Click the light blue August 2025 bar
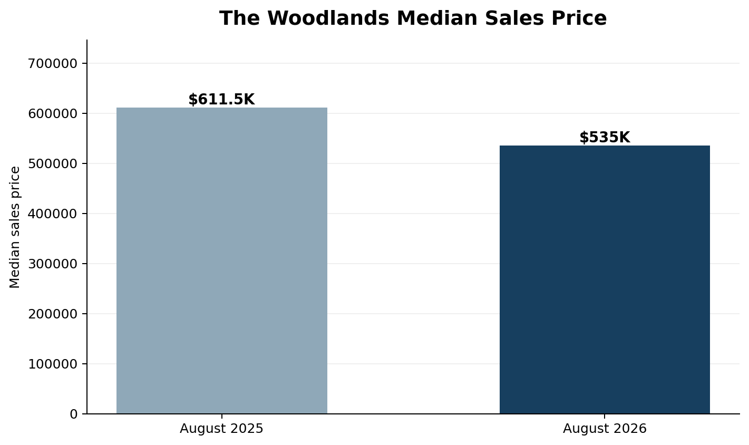[222, 260]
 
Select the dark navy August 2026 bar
[605, 280]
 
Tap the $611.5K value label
[222, 99]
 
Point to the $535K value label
[605, 138]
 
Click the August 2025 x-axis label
[222, 429]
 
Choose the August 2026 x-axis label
[605, 429]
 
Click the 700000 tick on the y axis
[53, 64]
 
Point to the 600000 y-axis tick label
[53, 114]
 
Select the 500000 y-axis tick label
[53, 163]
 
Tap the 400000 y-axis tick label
[53, 214]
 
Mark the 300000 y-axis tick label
[53, 264]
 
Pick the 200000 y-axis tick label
[53, 314]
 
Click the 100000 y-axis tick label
[53, 364]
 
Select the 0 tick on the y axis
[74, 414]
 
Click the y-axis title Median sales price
[15, 227]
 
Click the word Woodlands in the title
[328, 18]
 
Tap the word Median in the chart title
[437, 18]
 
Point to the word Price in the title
[579, 18]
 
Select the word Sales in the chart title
[514, 18]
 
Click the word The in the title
[239, 18]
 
